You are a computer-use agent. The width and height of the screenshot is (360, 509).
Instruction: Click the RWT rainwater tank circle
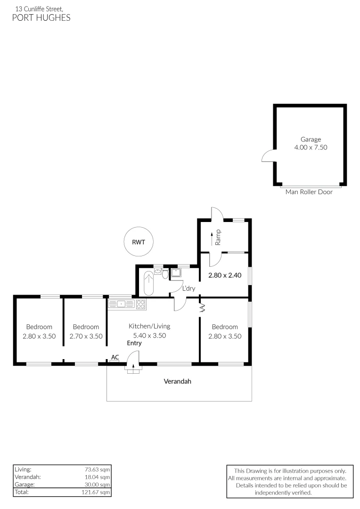(x=139, y=242)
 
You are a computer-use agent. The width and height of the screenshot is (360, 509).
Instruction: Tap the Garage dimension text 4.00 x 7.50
(x=311, y=147)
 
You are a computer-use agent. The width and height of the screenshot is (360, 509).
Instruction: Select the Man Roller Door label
(x=309, y=192)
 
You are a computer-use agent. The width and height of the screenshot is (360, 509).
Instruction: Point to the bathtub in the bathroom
(x=148, y=284)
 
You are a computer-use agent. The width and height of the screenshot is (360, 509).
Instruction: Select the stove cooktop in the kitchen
(x=140, y=304)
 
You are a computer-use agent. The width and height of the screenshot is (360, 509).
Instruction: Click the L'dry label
(x=189, y=288)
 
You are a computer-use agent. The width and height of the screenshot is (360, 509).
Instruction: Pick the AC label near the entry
(x=114, y=358)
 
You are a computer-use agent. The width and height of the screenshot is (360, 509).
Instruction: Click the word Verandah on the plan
(x=177, y=381)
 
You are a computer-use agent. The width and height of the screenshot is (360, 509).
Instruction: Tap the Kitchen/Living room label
(x=149, y=326)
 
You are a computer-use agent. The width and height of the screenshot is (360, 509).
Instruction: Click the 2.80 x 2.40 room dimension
(x=225, y=276)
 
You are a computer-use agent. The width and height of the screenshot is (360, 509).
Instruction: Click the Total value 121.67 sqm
(x=95, y=492)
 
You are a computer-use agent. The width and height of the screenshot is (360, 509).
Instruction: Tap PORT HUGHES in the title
(x=41, y=18)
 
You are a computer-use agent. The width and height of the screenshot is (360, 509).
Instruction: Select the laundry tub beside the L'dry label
(x=177, y=273)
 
